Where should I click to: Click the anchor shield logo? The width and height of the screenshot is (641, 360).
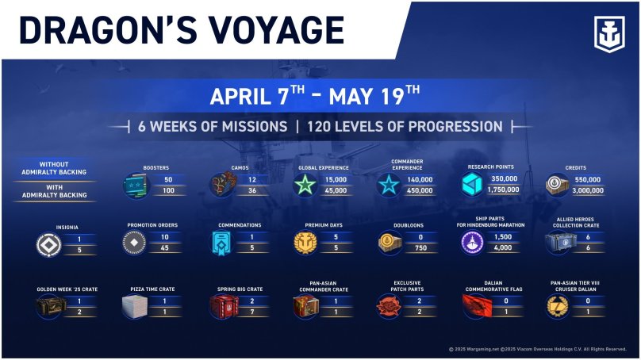pyautogui.click(x=609, y=34)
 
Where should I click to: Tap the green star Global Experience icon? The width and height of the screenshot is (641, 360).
pyautogui.click(x=305, y=185)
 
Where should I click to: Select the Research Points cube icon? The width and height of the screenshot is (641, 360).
pyautogui.click(x=472, y=184)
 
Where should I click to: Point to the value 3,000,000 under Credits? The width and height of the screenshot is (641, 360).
pyautogui.click(x=588, y=190)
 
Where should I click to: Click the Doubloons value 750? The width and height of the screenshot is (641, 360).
pyautogui.click(x=420, y=248)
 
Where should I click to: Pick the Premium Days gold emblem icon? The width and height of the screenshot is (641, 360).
pyautogui.click(x=305, y=243)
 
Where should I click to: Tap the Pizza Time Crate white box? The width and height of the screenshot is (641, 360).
pyautogui.click(x=135, y=306)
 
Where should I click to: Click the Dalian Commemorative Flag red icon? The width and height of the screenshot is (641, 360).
pyautogui.click(x=477, y=306)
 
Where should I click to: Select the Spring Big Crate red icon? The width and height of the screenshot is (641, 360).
pyautogui.click(x=224, y=306)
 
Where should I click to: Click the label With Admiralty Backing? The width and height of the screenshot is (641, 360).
pyautogui.click(x=55, y=191)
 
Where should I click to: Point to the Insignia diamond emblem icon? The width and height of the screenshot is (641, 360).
pyautogui.click(x=48, y=245)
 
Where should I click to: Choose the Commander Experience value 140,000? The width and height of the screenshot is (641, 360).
pyautogui.click(x=420, y=180)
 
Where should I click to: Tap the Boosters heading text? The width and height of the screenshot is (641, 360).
pyautogui.click(x=155, y=168)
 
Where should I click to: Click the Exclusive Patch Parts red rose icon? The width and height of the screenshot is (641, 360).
pyautogui.click(x=389, y=306)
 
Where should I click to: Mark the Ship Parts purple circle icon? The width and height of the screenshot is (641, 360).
pyautogui.click(x=473, y=243)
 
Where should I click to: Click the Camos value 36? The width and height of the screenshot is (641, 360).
pyautogui.click(x=252, y=190)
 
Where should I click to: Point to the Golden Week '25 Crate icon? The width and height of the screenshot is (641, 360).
pyautogui.click(x=51, y=306)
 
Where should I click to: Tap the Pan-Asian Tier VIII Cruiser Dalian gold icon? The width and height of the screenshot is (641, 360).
pyautogui.click(x=558, y=306)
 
